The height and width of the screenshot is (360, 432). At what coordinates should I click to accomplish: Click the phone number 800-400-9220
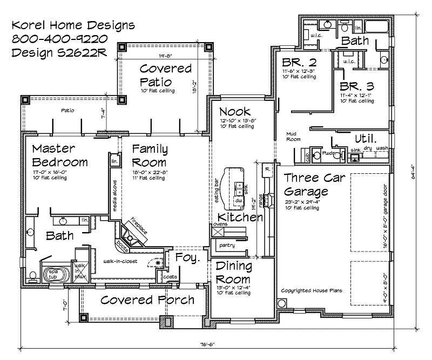coord(59,38)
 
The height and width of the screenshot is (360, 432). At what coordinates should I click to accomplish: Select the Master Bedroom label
coord(59,155)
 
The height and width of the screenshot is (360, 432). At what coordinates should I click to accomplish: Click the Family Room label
coord(150,155)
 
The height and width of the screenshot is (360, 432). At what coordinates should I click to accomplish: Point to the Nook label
coord(234,112)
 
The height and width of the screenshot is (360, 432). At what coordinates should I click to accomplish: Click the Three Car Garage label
coord(313,185)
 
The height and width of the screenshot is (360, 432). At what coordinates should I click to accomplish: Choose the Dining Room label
coord(233,273)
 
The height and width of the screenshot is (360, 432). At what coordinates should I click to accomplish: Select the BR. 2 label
coord(292,61)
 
